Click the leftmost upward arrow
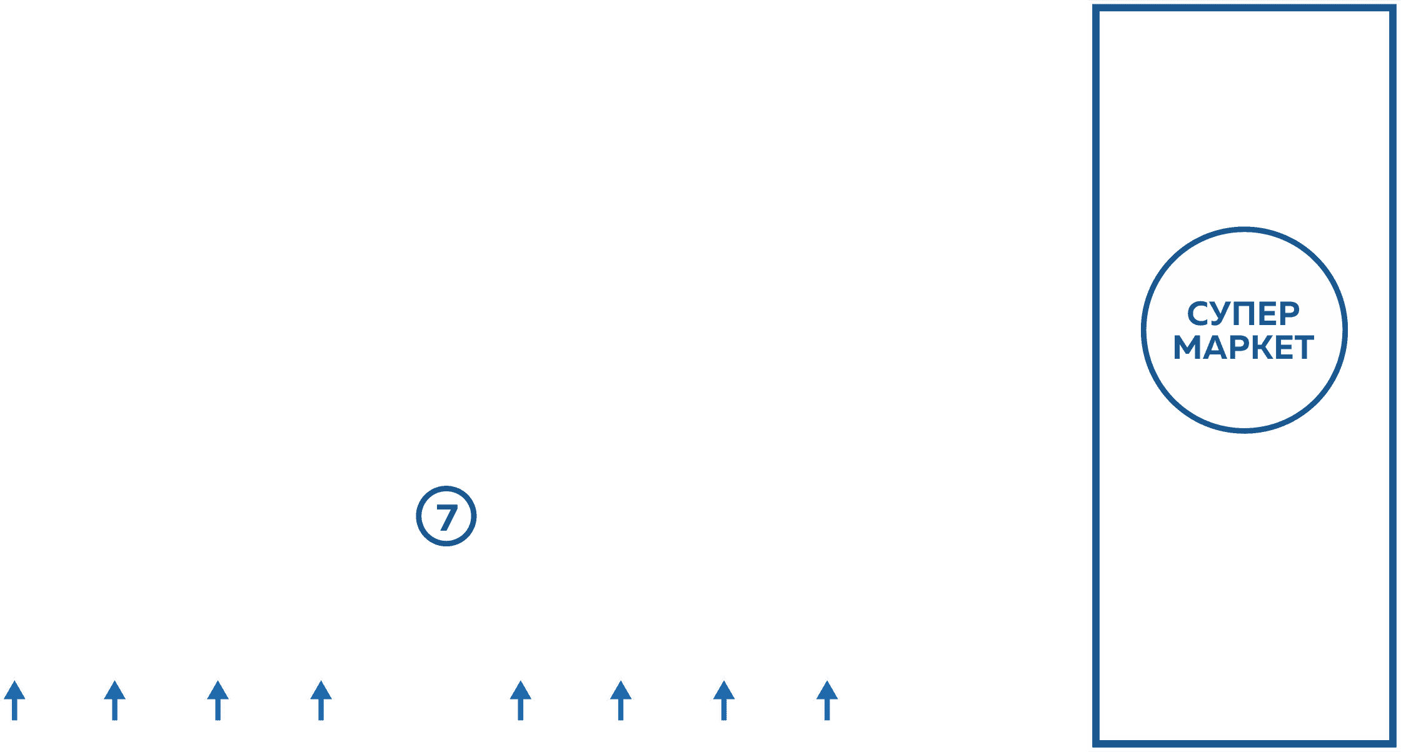click(x=14, y=700)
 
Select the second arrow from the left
click(x=114, y=700)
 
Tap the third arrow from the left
click(x=218, y=700)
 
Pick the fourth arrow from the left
click(x=321, y=700)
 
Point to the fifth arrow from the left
click(x=520, y=700)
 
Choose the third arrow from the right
click(x=620, y=700)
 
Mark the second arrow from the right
click(x=723, y=700)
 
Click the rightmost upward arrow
click(x=826, y=700)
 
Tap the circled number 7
click(x=446, y=516)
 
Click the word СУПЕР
click(x=1243, y=314)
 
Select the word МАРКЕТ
click(x=1243, y=348)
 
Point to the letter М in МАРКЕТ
click(x=1188, y=348)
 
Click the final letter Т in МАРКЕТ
click(x=1303, y=348)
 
